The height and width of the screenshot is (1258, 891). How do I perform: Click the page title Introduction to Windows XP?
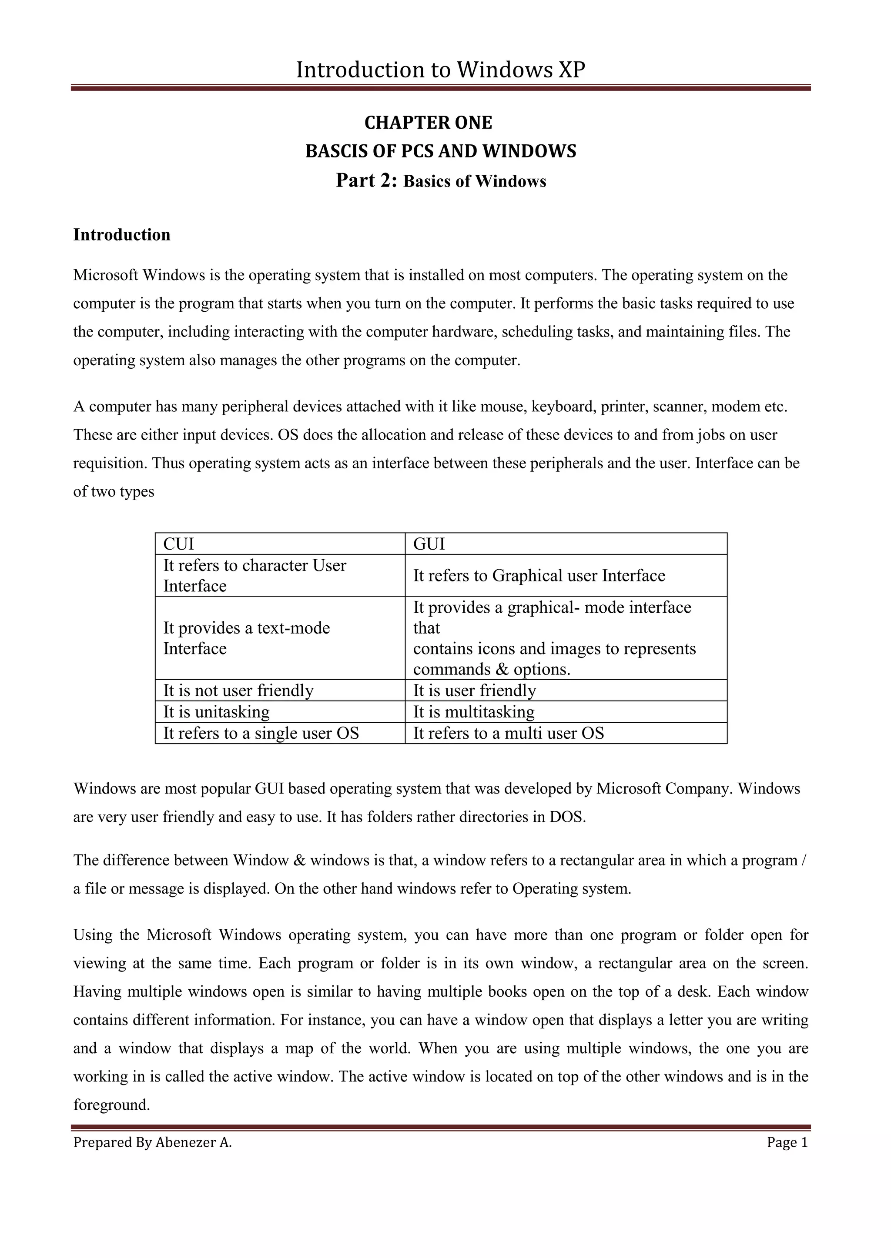click(441, 70)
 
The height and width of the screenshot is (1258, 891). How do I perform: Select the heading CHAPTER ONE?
click(428, 122)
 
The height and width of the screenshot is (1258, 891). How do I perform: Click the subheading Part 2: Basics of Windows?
click(441, 180)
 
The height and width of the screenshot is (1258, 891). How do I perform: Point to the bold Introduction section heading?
click(122, 235)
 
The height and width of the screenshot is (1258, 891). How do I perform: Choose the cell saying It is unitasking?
click(216, 711)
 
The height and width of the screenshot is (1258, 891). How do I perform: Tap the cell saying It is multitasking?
click(473, 711)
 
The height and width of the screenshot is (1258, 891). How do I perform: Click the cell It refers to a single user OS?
click(261, 733)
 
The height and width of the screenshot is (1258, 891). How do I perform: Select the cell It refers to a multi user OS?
click(508, 733)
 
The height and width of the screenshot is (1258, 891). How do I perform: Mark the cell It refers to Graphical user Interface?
click(539, 575)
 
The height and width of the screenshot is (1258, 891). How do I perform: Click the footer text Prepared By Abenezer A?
click(153, 1142)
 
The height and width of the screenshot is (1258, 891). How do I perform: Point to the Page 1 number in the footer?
click(787, 1142)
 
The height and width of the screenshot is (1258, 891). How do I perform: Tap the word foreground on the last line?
click(111, 1105)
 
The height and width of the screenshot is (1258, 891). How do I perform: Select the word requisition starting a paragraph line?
click(110, 464)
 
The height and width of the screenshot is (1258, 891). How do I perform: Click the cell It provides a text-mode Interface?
click(246, 638)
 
